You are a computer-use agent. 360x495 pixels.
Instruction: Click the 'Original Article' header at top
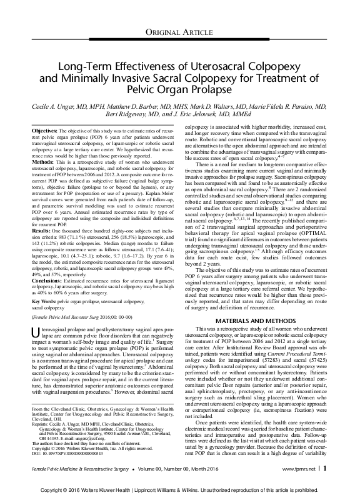180,32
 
